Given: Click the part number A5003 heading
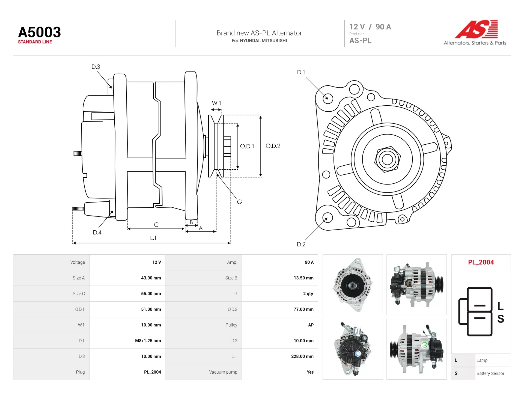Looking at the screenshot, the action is tap(39, 32).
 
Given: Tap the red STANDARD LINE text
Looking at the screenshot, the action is tap(35, 42).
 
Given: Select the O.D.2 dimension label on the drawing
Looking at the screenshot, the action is tap(273, 146).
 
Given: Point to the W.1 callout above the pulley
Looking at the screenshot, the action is tap(216, 103).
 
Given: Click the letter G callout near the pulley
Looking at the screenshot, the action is tap(239, 202).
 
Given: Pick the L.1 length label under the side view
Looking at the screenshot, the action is tap(153, 238).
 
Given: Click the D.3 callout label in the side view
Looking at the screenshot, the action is tap(96, 67).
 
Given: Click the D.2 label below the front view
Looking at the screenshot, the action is tap(301, 244).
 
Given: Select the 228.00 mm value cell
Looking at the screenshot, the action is tap(302, 356).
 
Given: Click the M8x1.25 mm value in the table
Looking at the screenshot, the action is tap(148, 341).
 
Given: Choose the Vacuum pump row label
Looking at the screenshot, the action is tap(223, 372).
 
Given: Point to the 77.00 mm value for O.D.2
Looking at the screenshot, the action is tap(303, 309).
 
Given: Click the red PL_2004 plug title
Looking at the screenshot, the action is tap(481, 262).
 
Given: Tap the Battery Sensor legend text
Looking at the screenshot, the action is tap(490, 373).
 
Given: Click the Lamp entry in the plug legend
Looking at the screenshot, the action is tap(482, 360).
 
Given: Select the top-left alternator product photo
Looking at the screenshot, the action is tap(353, 285).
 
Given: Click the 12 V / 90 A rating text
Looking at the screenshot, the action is tap(370, 27).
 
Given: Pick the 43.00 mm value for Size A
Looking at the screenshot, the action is tap(151, 278).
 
